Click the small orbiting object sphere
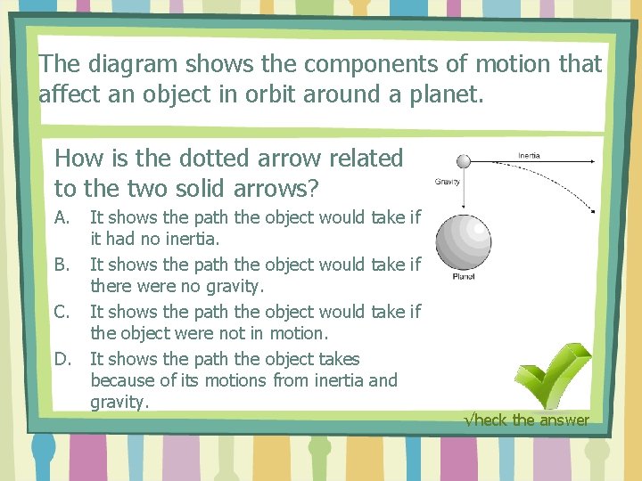click(463, 161)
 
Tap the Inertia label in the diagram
click(530, 156)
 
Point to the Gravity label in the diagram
click(447, 182)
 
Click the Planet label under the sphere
click(464, 277)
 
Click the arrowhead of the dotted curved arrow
click(592, 211)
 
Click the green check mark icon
click(554, 374)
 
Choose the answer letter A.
click(62, 217)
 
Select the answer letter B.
click(62, 265)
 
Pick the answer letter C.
click(62, 312)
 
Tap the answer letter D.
click(62, 359)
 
